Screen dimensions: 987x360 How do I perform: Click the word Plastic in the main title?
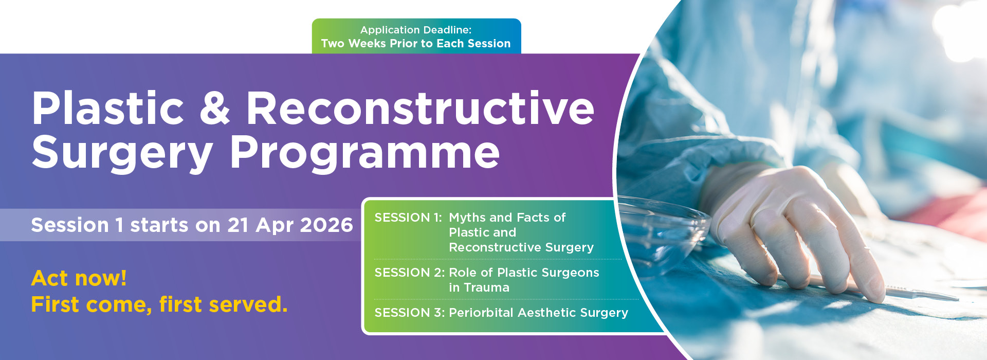pos(108,108)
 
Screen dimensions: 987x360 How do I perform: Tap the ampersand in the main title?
pos(215,108)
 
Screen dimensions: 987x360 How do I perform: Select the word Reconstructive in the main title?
pos(421,108)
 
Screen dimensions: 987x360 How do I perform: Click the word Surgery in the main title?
pos(122,153)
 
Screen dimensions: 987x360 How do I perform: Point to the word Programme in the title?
pos(365,153)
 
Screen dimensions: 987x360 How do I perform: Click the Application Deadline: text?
pos(416,30)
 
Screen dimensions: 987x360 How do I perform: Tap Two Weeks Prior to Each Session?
pos(416,44)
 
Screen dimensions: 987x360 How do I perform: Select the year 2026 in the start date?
pos(326,225)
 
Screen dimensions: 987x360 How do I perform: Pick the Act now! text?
pos(79,278)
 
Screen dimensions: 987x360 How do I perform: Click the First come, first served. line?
pos(159,304)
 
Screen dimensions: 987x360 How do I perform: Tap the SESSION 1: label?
pos(408,218)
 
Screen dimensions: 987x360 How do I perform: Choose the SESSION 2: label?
pos(410,273)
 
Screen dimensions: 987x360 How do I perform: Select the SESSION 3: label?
pos(410,313)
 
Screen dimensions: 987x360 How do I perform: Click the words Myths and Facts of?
pos(507,218)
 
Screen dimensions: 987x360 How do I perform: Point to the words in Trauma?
pos(479,287)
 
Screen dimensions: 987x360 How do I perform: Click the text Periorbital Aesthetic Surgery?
pos(539,313)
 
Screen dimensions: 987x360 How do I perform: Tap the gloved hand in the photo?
pos(792,231)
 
